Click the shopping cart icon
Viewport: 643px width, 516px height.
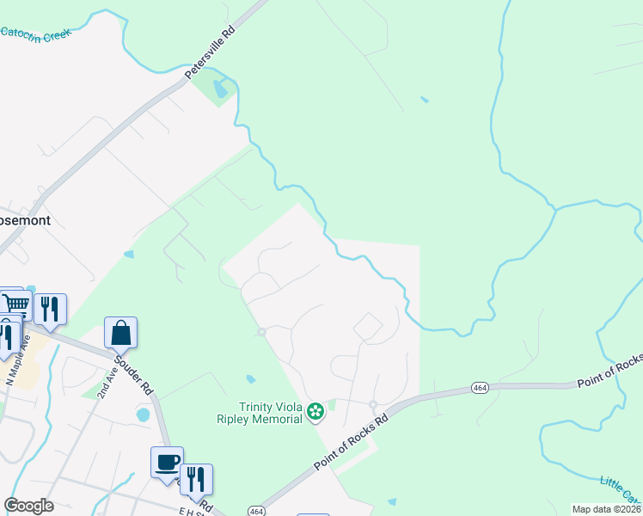click(x=15, y=303)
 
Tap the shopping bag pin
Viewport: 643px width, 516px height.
click(x=121, y=333)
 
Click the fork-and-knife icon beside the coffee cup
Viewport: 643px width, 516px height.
click(x=197, y=480)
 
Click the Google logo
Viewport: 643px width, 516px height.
click(x=28, y=506)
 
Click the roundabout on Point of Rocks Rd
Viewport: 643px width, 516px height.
click(x=373, y=404)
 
